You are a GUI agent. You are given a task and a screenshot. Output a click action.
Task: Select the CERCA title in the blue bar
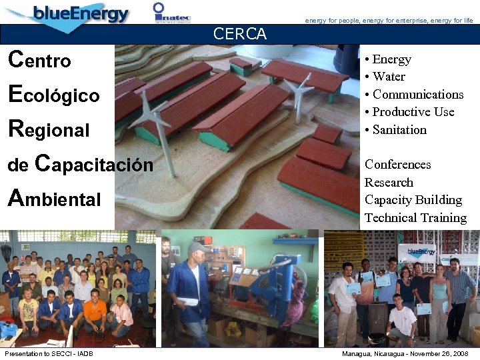240,34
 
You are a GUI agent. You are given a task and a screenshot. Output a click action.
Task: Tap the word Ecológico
53,95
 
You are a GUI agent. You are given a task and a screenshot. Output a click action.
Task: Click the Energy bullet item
391,59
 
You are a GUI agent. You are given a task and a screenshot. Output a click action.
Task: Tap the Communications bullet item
417,95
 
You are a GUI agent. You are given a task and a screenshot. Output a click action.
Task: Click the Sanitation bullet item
399,130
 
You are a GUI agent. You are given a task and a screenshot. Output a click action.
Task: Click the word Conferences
398,165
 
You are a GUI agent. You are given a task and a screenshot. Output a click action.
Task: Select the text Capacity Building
413,200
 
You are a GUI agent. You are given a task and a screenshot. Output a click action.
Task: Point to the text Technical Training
415,218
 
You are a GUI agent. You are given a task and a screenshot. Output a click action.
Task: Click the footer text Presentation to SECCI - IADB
49,353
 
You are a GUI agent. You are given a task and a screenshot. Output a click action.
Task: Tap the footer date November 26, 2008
434,353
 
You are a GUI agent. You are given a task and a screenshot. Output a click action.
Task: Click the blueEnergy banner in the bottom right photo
421,251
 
